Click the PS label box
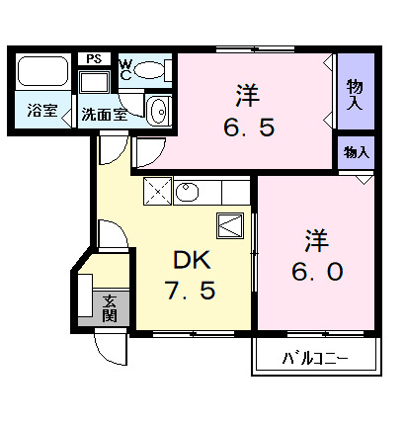pos(95,58)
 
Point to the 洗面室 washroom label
pos(102,113)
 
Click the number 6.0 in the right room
pos(316,269)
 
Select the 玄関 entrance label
pos(110,308)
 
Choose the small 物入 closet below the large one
pos(356,152)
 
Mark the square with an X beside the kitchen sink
pos(158,190)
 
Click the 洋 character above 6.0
pos(315,237)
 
